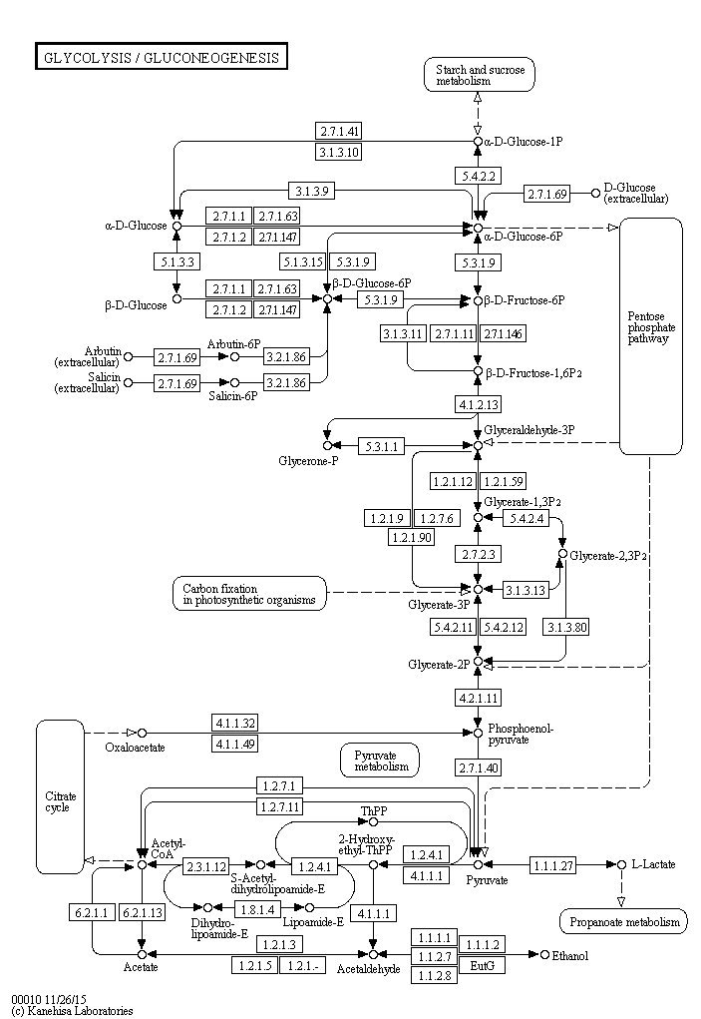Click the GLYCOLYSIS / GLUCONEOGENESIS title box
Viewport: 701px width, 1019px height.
tap(161, 57)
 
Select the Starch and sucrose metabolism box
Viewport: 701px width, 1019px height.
tap(480, 74)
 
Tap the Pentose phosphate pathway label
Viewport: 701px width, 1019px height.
tap(651, 327)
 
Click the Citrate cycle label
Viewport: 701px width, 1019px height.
tap(61, 801)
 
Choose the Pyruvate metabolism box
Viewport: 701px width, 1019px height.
tap(380, 761)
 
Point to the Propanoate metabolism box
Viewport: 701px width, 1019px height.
tap(624, 921)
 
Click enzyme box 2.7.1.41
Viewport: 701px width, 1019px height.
tap(339, 132)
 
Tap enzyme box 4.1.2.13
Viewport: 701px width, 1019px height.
tap(479, 404)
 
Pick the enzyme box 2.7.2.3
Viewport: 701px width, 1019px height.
tap(479, 554)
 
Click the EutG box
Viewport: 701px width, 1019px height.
tap(483, 965)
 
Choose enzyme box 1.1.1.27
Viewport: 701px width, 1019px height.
tap(553, 865)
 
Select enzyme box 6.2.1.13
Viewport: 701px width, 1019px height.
tap(142, 912)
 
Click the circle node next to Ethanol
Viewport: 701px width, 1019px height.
tap(544, 954)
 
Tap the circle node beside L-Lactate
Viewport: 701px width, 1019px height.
tap(621, 865)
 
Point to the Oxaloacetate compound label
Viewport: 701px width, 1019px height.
tap(135, 748)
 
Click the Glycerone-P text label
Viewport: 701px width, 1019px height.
tap(308, 461)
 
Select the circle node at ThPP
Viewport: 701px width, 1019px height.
tap(373, 821)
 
